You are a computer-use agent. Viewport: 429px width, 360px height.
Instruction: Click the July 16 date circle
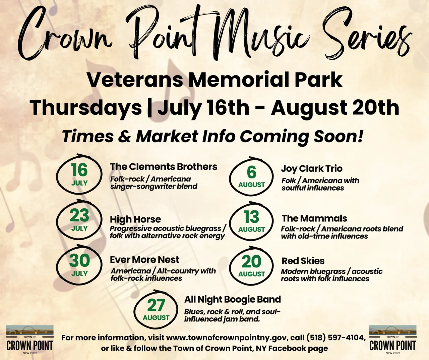[x=79, y=174]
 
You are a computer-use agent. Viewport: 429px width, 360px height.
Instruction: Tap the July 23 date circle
[x=79, y=220]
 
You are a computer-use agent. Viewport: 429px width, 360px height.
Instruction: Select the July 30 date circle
[x=79, y=265]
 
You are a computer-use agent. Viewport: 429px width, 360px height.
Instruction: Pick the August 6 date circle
[x=251, y=176]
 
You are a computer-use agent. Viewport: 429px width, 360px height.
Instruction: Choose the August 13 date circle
[x=251, y=221]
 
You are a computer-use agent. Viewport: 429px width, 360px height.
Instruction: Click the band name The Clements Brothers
[x=164, y=167]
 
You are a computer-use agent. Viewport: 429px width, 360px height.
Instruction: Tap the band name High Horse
[x=135, y=219]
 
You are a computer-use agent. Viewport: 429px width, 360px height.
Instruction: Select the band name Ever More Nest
[x=144, y=260]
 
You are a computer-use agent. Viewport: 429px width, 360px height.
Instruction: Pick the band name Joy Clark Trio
[x=312, y=168]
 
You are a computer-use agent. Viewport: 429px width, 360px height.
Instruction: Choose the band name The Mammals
[x=314, y=218]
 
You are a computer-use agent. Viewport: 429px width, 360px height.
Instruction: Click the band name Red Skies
[x=303, y=261]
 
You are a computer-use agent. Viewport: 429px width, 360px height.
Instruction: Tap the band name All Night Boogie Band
[x=233, y=299]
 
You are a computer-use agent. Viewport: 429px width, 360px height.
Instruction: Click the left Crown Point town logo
[x=30, y=340]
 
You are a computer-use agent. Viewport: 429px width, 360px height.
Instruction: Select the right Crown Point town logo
[x=392, y=340]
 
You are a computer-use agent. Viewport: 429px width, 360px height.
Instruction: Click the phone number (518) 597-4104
[x=335, y=338]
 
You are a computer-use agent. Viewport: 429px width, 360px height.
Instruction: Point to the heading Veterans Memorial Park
[x=214, y=80]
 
